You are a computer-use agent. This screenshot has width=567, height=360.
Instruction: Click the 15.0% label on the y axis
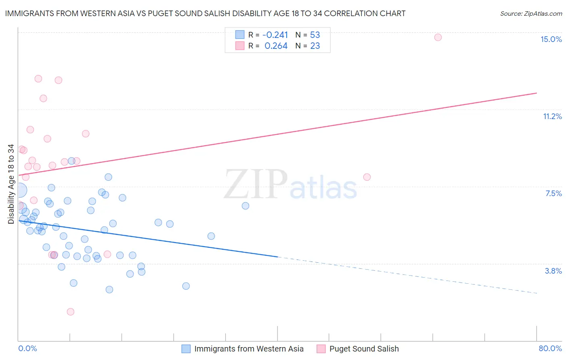551,39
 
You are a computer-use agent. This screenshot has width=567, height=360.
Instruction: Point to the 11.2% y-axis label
552,116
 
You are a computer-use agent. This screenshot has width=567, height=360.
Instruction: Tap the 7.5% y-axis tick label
553,193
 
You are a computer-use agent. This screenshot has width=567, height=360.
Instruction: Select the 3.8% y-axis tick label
553,271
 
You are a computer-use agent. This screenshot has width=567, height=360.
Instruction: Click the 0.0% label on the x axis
27,348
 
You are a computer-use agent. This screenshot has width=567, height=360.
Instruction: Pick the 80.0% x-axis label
550,348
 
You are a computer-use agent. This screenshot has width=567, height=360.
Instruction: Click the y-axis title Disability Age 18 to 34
11,184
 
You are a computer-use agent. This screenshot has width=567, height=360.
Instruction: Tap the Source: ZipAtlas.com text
531,13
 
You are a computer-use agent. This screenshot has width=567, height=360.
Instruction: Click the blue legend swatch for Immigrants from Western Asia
186,349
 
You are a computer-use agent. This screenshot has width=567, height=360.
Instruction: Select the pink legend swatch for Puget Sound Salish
321,349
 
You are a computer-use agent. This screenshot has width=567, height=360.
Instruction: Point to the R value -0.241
275,35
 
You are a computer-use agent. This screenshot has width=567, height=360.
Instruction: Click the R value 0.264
276,46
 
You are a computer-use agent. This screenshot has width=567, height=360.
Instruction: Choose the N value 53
315,35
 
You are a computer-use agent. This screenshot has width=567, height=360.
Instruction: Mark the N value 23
315,46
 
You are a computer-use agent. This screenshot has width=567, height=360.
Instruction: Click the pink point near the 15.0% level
438,37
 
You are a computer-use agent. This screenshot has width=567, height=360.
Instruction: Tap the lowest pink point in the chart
71,312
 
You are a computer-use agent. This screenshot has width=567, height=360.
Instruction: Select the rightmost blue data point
245,206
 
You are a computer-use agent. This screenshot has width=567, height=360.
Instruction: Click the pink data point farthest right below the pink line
367,177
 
